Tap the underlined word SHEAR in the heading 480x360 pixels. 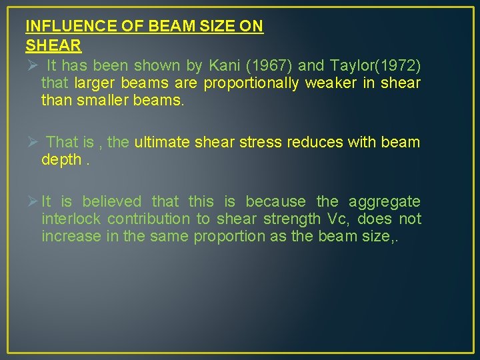[53, 46]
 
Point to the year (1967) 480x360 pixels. [271, 65]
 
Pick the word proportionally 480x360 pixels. [252, 83]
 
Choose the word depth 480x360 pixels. [60, 160]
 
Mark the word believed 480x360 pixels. [112, 201]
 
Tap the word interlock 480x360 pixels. [71, 219]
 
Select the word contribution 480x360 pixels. [149, 219]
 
